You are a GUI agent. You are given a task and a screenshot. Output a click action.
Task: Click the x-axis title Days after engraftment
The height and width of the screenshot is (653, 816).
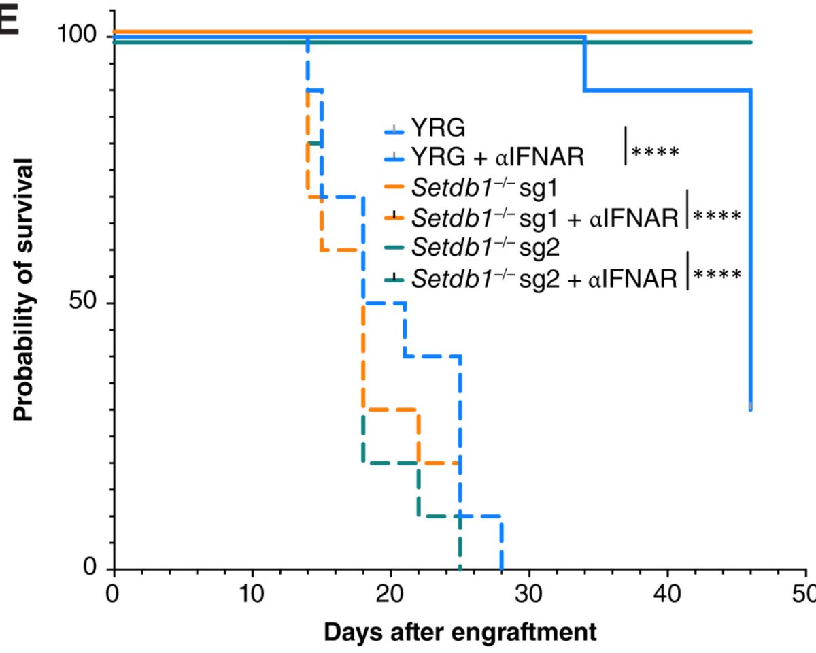click(x=460, y=632)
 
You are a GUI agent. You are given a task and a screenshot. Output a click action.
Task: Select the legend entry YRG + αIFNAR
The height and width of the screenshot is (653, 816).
click(x=497, y=156)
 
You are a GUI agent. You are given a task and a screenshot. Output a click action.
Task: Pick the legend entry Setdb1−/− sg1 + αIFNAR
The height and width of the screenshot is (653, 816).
click(x=545, y=218)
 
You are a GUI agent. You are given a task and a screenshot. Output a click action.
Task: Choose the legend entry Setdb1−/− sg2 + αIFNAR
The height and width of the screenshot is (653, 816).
click(x=545, y=278)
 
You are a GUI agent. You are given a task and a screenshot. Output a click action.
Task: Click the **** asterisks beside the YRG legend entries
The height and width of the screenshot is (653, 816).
click(x=656, y=151)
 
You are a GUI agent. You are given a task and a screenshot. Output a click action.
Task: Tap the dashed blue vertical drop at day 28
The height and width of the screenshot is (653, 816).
click(x=501, y=544)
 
